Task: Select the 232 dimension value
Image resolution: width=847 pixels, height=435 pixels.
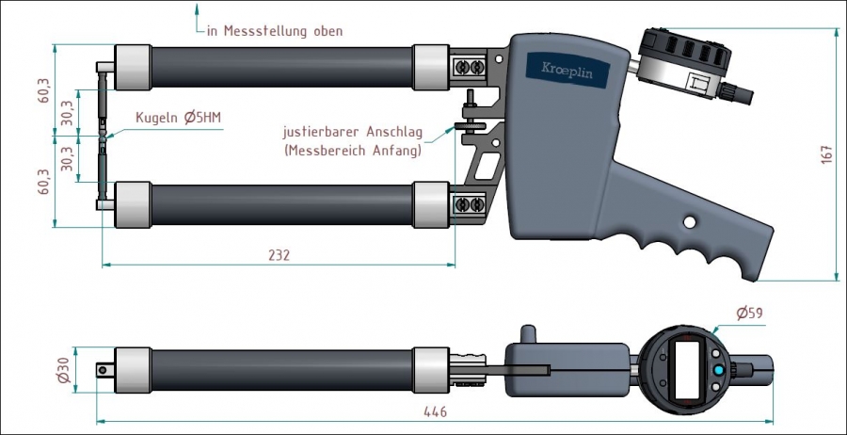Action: click(280, 255)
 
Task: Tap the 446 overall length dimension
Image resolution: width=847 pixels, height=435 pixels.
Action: click(434, 411)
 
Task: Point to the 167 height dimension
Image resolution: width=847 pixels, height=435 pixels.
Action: click(825, 153)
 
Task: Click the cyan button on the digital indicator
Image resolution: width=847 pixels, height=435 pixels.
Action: click(719, 371)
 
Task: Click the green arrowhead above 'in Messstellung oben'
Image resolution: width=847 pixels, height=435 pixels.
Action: click(198, 10)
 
